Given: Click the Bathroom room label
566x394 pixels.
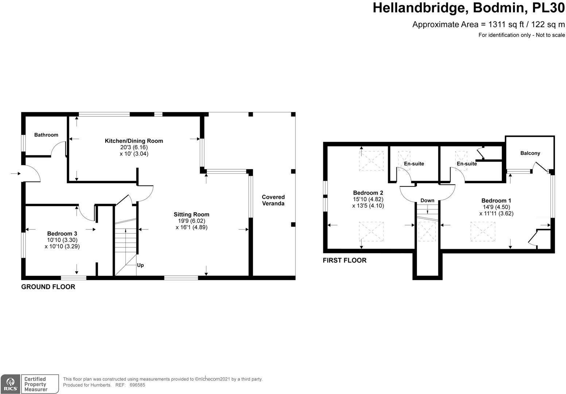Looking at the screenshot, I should tap(46, 135).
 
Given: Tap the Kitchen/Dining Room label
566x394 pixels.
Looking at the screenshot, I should tap(134, 141).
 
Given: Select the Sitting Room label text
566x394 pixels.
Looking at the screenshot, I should tap(191, 214).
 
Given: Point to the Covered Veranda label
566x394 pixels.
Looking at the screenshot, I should tap(273, 200).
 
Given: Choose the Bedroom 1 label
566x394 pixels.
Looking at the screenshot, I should tap(496, 200).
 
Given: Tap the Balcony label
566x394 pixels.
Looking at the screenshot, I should tap(530, 153).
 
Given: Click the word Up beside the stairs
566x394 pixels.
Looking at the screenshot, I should tap(140, 265).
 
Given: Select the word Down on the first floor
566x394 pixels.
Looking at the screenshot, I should tap(427, 200).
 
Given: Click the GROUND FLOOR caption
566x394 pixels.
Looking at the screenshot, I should tap(48, 287).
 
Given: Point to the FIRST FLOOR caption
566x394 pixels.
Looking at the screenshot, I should tap(344, 260).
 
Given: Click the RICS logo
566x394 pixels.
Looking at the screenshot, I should tap(9, 384).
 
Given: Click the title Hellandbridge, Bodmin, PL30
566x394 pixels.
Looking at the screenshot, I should tap(468, 8).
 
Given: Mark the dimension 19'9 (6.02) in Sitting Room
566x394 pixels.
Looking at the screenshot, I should tap(191, 221).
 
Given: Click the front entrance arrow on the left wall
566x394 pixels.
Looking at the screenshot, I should tap(15, 174).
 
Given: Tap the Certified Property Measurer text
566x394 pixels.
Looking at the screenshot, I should tap(36, 384).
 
